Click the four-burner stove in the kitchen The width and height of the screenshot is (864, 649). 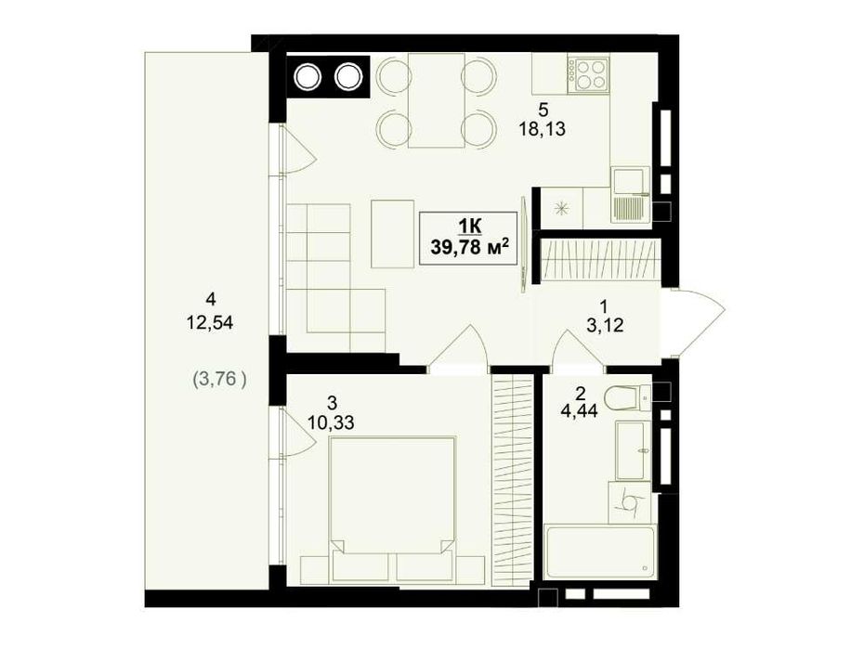[x=588, y=75]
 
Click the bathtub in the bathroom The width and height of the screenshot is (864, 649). [x=599, y=551]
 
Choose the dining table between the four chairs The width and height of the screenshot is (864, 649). [x=437, y=100]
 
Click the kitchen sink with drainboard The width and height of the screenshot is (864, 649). [x=631, y=194]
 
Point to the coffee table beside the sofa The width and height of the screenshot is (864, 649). [x=392, y=233]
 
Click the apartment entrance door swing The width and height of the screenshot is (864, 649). [x=700, y=322]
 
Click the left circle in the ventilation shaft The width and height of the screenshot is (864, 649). [x=307, y=77]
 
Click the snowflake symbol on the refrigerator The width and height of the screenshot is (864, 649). [x=561, y=209]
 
